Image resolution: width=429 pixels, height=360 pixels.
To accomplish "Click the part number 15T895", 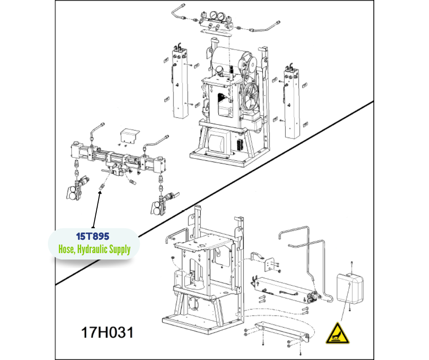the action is click(x=93, y=236).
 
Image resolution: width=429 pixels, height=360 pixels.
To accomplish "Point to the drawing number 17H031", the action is click(x=107, y=332).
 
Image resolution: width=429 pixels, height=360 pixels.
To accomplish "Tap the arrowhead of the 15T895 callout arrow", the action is click(x=100, y=193).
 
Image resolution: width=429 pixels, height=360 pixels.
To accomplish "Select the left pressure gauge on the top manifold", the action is click(x=213, y=15).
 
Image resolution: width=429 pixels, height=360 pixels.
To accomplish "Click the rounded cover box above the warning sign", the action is click(x=350, y=288).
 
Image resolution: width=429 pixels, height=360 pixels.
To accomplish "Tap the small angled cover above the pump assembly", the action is click(x=130, y=136).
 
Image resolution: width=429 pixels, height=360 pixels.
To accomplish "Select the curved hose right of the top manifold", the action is click(x=265, y=26).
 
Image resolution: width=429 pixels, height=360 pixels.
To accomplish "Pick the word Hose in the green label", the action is click(x=66, y=249).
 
